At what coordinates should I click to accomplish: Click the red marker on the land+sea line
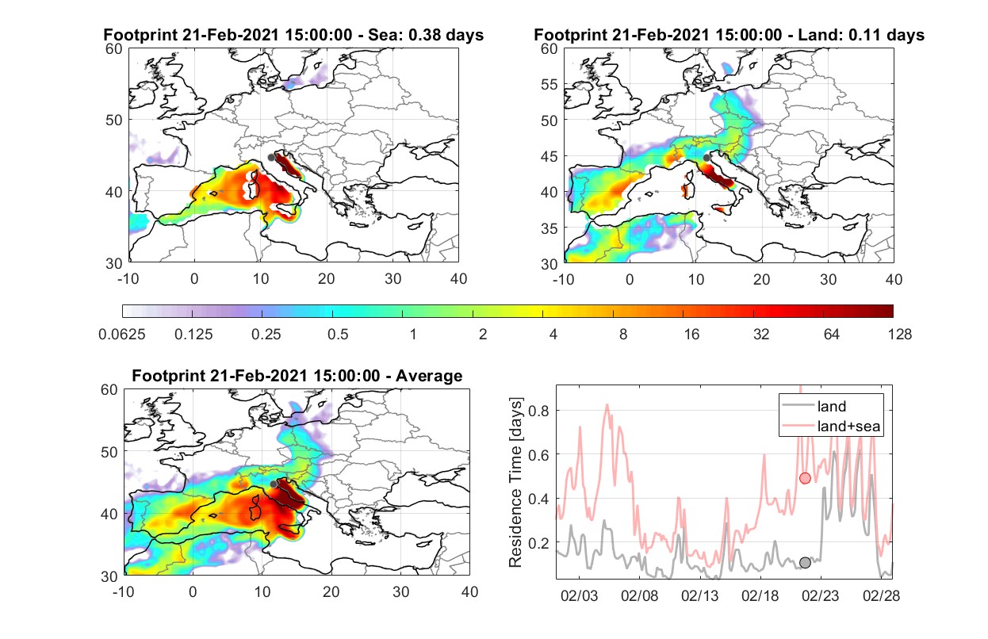pos(805,478)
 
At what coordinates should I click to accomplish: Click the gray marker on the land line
pos(805,563)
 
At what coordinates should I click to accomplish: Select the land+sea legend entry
pos(831,426)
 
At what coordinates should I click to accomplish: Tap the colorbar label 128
pos(900,335)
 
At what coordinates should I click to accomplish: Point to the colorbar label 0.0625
pos(122,335)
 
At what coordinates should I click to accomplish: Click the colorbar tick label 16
pos(691,335)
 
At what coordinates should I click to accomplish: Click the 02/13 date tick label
pos(699,595)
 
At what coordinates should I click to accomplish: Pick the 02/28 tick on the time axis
pos(881,595)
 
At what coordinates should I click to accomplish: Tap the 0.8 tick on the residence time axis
pos(538,411)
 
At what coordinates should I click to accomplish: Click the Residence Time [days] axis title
pos(515,482)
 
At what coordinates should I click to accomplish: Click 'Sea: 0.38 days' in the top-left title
pos(426,35)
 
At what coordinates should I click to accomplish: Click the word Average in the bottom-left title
pos(429,376)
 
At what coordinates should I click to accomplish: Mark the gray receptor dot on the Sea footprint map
pos(272,158)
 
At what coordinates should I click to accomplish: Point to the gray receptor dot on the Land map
pos(707,158)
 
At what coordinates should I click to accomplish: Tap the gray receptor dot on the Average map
pos(274,484)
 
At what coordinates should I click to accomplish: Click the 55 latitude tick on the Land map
pos(550,84)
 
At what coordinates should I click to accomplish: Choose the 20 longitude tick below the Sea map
pos(327,279)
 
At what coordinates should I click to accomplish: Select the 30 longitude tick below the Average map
pos(400,591)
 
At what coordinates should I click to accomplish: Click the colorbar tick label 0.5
pos(338,335)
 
